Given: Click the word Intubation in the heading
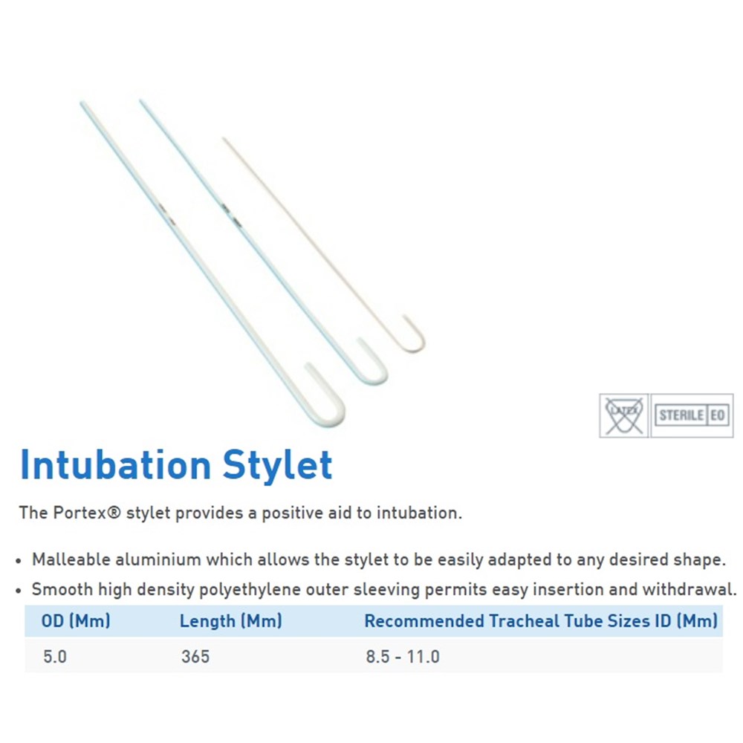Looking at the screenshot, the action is point(116,465).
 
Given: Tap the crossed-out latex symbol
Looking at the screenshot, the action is point(623,415).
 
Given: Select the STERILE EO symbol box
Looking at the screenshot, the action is point(692,415).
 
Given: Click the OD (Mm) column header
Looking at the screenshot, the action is point(76,620).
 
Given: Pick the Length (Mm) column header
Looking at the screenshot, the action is point(231,620).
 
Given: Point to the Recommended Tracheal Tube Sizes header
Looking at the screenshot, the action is point(541,620).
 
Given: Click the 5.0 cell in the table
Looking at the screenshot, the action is point(55,657).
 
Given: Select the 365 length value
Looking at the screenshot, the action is point(195,657).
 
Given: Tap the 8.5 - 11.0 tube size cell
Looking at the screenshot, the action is point(403,657).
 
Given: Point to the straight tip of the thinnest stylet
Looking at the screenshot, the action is point(224,139).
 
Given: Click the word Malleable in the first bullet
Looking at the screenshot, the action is point(71,559).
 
